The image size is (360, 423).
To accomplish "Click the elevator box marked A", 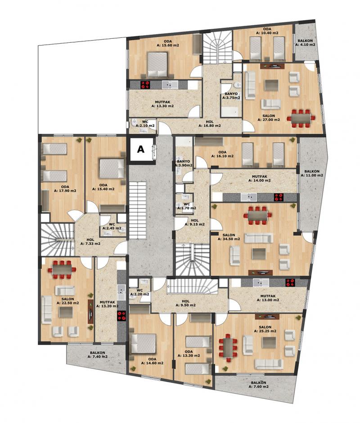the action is pos(141,150).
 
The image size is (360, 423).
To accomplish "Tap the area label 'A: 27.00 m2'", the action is pos(269,119).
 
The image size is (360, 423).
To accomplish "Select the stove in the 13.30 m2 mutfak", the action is pos(145,85).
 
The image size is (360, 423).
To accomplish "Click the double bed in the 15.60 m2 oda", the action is pos(157,64).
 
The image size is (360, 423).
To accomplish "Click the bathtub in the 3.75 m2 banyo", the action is pos(229,111).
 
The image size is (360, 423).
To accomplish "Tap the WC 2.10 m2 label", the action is pos(145,124).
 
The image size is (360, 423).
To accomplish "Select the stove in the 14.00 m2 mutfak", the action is pos(279,197).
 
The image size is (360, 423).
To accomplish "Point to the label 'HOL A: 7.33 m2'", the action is pos(90,241).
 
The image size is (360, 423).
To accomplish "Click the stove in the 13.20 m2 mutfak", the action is pos(121,316).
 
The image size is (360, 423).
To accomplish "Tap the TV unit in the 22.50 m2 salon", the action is pos(90,311).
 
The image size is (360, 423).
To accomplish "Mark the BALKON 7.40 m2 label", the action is pos(98,355).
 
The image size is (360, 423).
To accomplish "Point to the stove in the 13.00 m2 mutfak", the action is pos(290,283).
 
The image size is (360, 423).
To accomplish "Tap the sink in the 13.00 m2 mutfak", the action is pos(261,283).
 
